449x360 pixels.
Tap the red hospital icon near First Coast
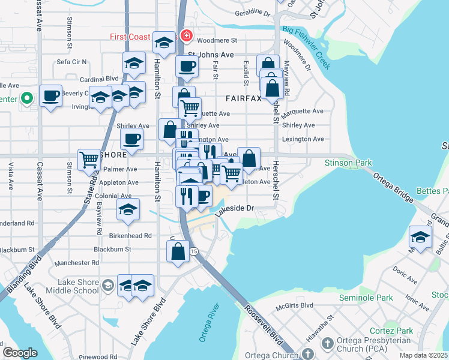click(x=186, y=37)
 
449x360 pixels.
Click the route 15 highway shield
click(x=194, y=251)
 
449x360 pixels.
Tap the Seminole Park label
click(x=366, y=298)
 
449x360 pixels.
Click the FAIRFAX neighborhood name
click(x=243, y=98)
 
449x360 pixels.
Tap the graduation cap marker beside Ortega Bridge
click(x=420, y=237)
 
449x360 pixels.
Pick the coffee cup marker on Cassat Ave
click(x=51, y=95)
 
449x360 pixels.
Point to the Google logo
click(x=20, y=353)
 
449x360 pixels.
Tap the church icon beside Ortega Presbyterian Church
click(x=327, y=343)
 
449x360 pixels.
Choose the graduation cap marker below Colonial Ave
click(x=128, y=210)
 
